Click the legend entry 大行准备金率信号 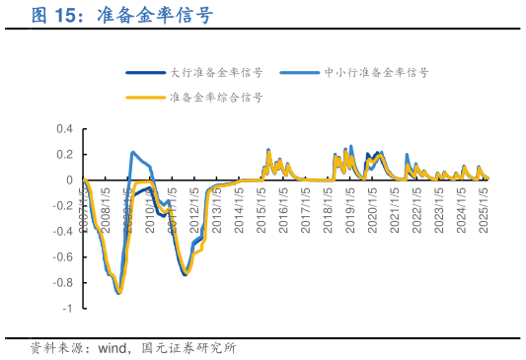[216, 72]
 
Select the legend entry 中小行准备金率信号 [376, 72]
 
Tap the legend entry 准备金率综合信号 [216, 98]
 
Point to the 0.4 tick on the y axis [64, 129]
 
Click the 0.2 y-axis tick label [64, 155]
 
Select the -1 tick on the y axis [68, 309]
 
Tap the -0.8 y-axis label [62, 283]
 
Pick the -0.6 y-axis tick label [62, 257]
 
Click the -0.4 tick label [62, 232]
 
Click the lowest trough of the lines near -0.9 [118, 293]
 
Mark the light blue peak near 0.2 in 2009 [133, 153]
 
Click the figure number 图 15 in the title [56, 16]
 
